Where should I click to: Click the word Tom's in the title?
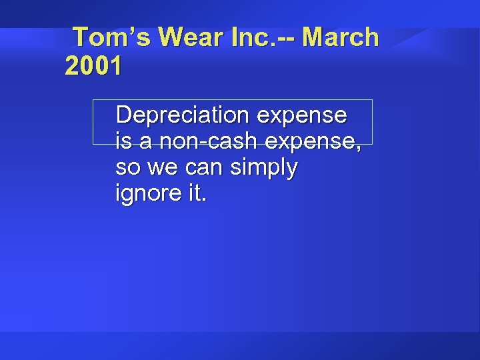coord(111,37)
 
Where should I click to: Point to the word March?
coord(340,37)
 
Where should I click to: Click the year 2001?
coord(93,67)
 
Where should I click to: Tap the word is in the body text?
coord(123,141)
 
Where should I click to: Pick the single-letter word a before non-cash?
coord(144,141)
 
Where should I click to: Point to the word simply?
coord(263,168)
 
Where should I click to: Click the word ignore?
coord(148,194)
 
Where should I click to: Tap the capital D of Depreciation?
coord(123,115)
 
